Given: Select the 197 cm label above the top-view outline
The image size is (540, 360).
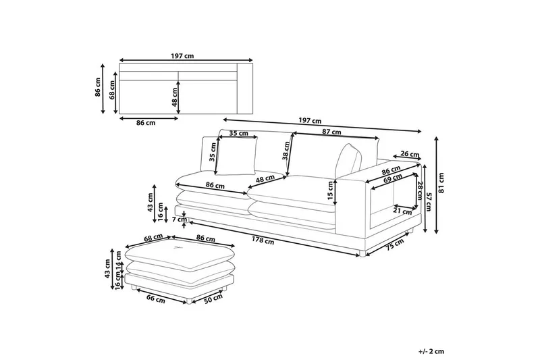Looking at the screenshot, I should tap(179, 57).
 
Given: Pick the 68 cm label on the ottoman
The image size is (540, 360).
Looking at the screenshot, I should tap(154, 238).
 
